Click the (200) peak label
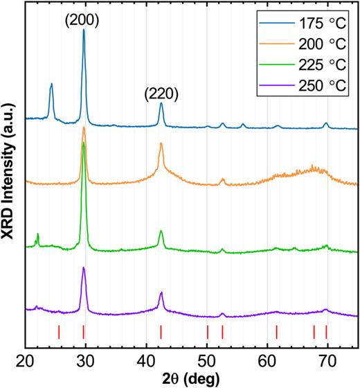[x=83, y=19]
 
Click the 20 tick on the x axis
[x=26, y=360]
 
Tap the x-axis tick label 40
[x=146, y=360]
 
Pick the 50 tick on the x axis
[x=207, y=360]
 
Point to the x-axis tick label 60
[x=267, y=360]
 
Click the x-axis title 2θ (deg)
[x=191, y=378]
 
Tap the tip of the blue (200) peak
[x=84, y=30]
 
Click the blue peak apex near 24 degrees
[x=51, y=84]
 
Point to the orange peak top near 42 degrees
[x=161, y=143]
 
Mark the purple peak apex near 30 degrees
[x=84, y=267]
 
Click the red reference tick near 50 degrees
[x=208, y=332]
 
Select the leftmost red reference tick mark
[x=59, y=332]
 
